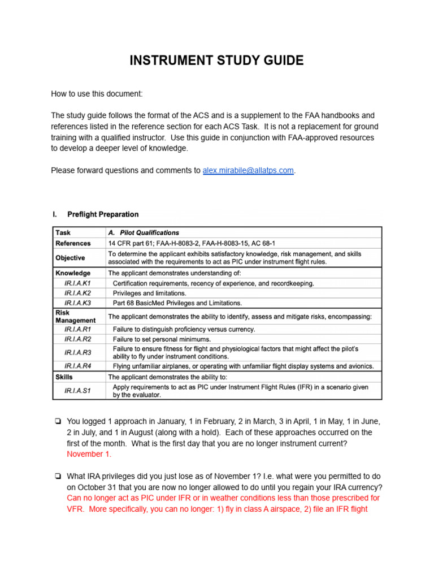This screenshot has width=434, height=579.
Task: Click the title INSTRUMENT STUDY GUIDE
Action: tap(216, 61)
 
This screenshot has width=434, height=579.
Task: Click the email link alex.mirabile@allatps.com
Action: tap(248, 170)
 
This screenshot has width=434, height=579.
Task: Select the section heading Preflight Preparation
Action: tap(102, 214)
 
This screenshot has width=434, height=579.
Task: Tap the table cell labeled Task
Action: tap(63, 232)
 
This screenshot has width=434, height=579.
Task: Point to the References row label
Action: tap(73, 243)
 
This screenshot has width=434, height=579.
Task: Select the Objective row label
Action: tap(70, 258)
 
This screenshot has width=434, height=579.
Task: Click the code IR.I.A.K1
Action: tap(77, 283)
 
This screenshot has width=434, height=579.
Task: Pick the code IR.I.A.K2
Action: tap(77, 293)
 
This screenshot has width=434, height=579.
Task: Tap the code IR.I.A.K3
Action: tap(77, 303)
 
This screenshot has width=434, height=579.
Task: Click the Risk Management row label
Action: tap(75, 317)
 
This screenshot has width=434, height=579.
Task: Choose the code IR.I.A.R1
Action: tap(77, 329)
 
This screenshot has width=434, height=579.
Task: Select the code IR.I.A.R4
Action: tap(77, 366)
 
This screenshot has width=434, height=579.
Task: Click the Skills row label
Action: tap(64, 377)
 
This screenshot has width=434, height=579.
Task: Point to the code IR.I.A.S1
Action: tap(77, 391)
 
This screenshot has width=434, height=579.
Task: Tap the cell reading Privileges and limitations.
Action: tap(149, 293)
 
